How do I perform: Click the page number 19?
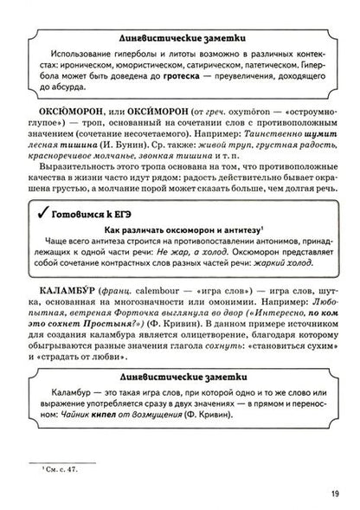tap(332, 492)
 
